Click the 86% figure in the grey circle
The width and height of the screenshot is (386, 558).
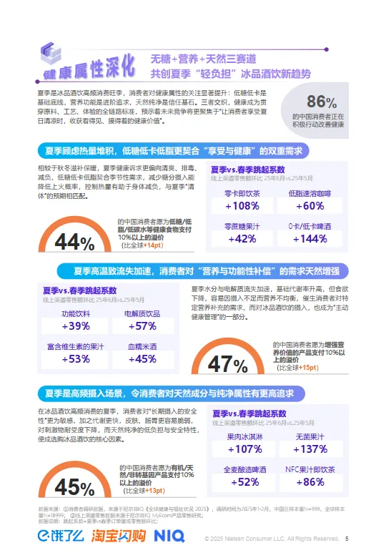coord(321,102)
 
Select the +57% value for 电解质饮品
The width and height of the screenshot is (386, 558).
coord(141,327)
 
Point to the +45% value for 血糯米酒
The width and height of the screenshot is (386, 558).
coord(141,360)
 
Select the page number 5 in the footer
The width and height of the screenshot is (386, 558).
coord(347,539)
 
